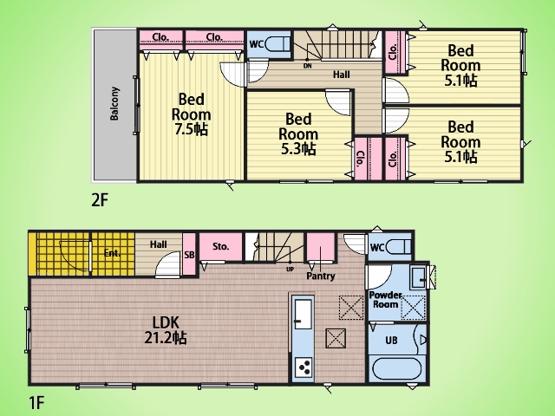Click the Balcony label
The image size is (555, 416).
coord(114,103)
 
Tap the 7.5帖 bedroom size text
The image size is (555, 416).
coord(191,129)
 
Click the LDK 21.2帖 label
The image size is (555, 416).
coord(166,330)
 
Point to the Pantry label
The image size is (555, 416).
coord(321,276)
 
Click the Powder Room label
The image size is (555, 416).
coord(385,300)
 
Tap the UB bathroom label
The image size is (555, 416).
coord(391,341)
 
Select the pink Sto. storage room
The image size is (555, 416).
coord(221,246)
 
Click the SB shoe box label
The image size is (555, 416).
coord(189,254)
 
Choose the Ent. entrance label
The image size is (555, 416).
coord(112,253)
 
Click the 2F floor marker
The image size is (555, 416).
coord(100,200)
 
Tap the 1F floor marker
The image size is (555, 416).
coord(36,402)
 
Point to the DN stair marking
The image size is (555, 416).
coord(308,66)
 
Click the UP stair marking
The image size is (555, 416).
coord(290,270)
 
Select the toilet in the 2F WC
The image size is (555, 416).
coord(278,44)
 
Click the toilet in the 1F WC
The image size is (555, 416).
coord(398,246)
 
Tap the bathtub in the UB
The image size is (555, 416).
coord(398,369)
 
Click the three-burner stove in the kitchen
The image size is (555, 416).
coord(304,367)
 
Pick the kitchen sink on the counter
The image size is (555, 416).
coord(304,314)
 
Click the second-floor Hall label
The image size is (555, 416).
coord(342,75)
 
